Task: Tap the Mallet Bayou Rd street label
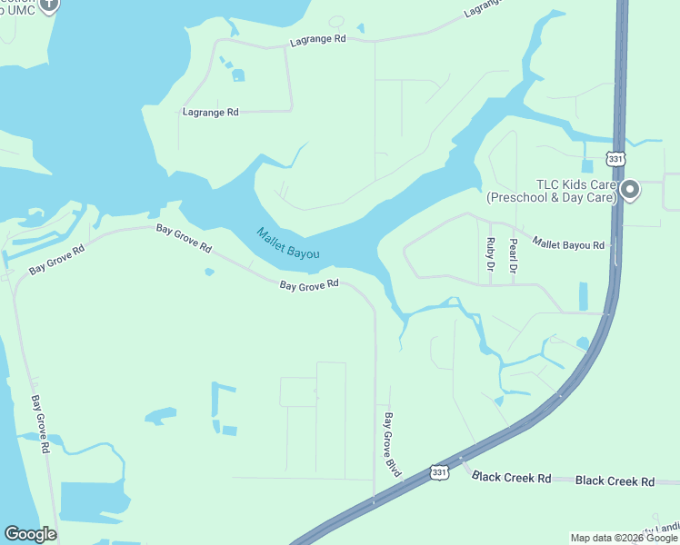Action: click(x=568, y=244)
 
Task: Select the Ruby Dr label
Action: click(x=491, y=255)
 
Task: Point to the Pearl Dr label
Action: click(x=513, y=255)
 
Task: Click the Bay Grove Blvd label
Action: click(x=392, y=445)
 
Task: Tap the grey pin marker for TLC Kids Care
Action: click(x=630, y=191)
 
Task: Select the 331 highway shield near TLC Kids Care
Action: click(x=616, y=159)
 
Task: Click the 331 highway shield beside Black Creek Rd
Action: click(x=439, y=472)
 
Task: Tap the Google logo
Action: click(x=30, y=534)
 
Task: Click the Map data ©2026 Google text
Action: click(x=625, y=538)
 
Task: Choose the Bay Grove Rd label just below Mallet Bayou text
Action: click(x=309, y=285)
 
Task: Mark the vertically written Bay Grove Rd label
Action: click(x=39, y=424)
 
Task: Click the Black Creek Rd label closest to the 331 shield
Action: click(x=512, y=478)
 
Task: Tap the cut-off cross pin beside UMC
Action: click(x=49, y=5)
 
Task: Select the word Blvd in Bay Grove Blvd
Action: click(x=395, y=466)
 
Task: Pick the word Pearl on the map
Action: click(x=513, y=248)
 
